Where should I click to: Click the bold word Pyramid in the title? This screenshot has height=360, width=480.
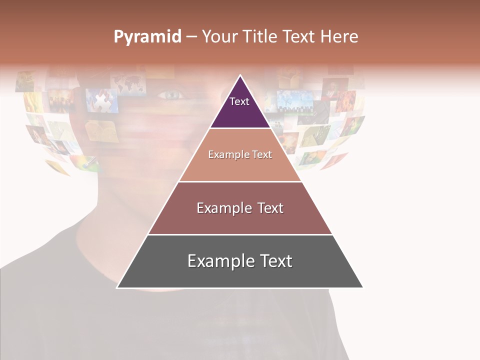(x=147, y=37)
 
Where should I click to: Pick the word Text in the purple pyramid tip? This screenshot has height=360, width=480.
(x=239, y=101)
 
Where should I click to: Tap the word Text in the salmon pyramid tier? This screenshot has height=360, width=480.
(x=261, y=155)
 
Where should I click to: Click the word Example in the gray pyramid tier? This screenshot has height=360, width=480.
(x=219, y=261)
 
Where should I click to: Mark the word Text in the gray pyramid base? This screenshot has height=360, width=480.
(x=274, y=261)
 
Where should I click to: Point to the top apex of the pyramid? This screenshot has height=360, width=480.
(x=240, y=75)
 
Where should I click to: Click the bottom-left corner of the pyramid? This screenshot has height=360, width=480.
(x=117, y=287)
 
